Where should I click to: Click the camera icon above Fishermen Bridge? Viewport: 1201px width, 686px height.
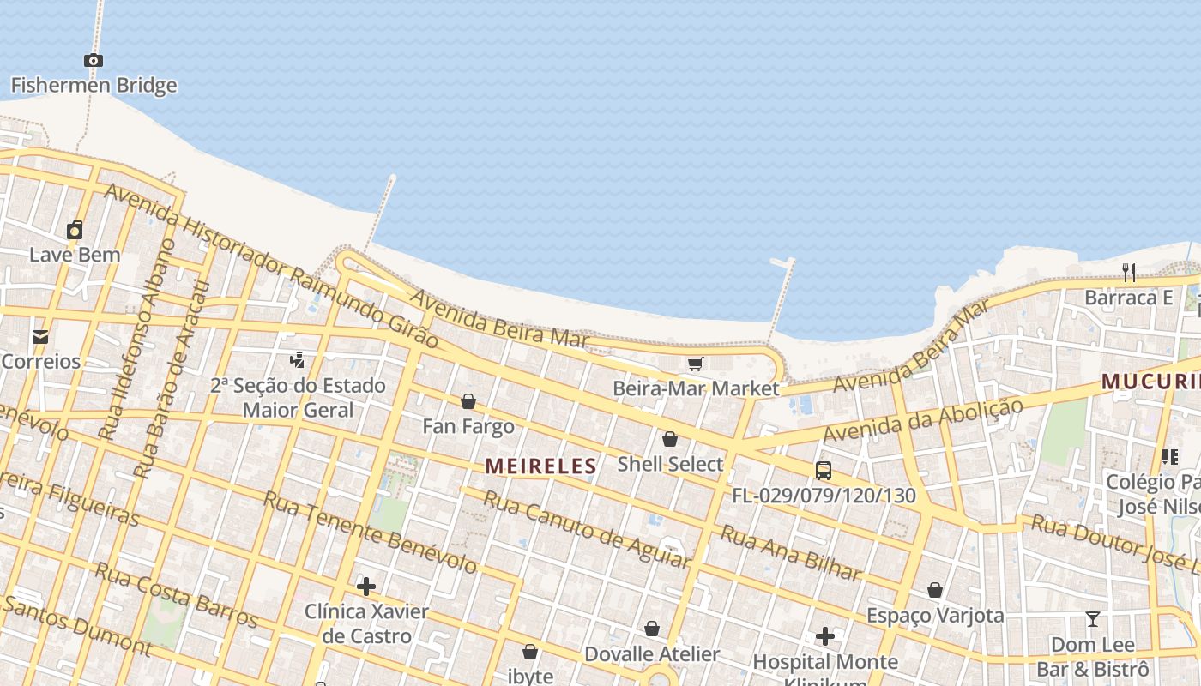click(94, 60)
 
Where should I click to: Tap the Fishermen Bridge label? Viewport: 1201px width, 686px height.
click(94, 85)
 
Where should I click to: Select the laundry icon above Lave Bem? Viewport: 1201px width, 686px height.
click(75, 230)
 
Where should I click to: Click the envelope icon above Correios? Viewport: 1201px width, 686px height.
click(40, 336)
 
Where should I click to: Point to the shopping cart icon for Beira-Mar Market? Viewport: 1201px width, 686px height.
click(696, 364)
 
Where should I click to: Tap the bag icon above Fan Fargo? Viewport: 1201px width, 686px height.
click(468, 401)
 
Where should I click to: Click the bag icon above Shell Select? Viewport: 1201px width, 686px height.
click(670, 439)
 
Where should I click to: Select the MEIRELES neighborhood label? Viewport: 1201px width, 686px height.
click(540, 466)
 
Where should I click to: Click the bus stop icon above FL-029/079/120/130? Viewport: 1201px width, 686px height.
click(824, 471)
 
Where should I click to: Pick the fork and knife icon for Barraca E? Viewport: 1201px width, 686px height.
click(1129, 273)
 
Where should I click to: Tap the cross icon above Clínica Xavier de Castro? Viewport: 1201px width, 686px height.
click(366, 587)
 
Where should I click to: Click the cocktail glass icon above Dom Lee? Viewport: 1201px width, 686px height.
click(1092, 619)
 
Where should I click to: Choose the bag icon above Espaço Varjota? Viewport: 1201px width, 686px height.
click(935, 590)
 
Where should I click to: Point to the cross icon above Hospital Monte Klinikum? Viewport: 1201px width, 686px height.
click(825, 636)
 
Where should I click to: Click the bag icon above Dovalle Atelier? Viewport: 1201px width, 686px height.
click(652, 629)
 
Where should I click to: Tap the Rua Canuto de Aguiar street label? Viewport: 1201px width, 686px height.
click(587, 529)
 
